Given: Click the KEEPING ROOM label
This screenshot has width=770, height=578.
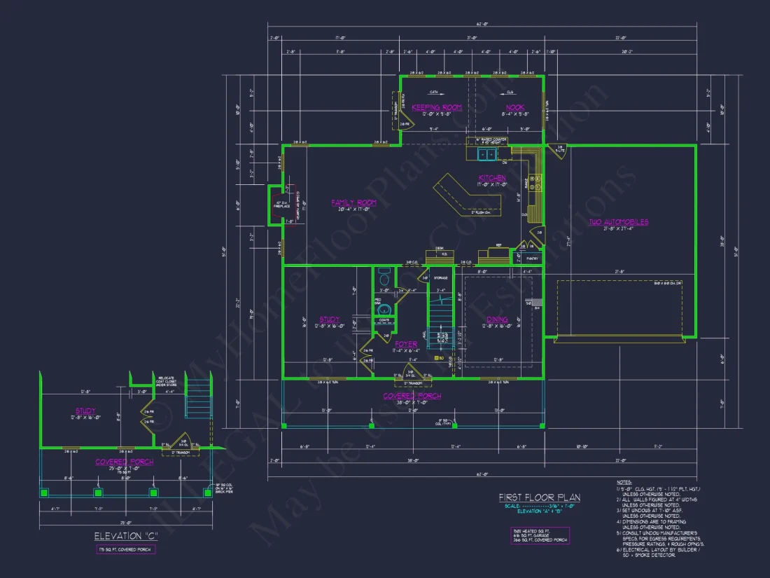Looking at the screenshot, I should point(436,107).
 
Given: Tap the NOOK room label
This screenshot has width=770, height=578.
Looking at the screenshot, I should point(515,107).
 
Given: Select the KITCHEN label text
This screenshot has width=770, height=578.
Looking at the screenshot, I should point(492,178).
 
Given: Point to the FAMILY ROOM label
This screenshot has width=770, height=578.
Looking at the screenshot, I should point(353,202).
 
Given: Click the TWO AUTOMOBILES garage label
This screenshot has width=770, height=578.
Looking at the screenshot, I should point(617,222).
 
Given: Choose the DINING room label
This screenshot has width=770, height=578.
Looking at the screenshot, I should point(497,319).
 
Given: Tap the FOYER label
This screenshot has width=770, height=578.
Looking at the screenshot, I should point(406,344).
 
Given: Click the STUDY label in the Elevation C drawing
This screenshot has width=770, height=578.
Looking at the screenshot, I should point(85,411).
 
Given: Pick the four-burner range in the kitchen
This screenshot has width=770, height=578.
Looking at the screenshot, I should point(536,183).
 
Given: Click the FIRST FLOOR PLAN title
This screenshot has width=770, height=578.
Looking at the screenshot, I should point(539,497).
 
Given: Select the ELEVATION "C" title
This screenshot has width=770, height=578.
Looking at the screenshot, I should point(125,537).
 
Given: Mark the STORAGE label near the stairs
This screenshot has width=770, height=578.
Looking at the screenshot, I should point(440,278).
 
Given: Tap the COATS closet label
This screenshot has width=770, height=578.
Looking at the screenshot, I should point(384,320).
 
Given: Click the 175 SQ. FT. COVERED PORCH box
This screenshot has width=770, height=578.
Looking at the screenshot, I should point(126,550).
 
